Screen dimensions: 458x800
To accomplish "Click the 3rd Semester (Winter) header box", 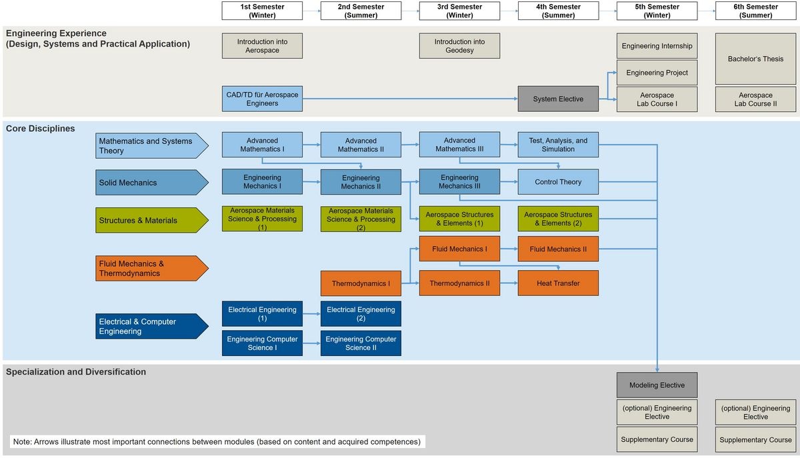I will click(459, 11).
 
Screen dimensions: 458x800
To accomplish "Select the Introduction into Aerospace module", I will click(262, 46).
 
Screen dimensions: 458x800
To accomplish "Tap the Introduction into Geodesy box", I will click(459, 46).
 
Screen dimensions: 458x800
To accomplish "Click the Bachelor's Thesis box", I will click(755, 59).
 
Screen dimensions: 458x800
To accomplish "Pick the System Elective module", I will click(558, 99).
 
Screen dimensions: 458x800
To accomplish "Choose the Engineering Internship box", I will click(657, 46).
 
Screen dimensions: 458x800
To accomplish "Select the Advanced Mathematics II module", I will click(361, 145).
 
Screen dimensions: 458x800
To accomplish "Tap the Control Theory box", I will click(558, 182).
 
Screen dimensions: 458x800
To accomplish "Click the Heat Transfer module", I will click(558, 283).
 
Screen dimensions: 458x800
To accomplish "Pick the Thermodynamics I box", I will click(361, 283).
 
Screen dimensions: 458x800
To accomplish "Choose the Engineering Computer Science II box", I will click(361, 343).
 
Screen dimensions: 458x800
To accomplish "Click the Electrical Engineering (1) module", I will click(262, 314).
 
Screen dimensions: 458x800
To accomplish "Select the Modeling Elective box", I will click(657, 385).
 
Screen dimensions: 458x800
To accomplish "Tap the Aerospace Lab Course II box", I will click(755, 99).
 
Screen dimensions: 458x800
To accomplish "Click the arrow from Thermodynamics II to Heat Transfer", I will click(509, 283).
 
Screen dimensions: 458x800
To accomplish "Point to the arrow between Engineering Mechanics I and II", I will click(311, 182).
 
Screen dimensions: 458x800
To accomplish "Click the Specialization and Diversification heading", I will click(76, 372).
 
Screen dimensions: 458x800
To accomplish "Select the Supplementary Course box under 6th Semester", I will click(755, 440).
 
